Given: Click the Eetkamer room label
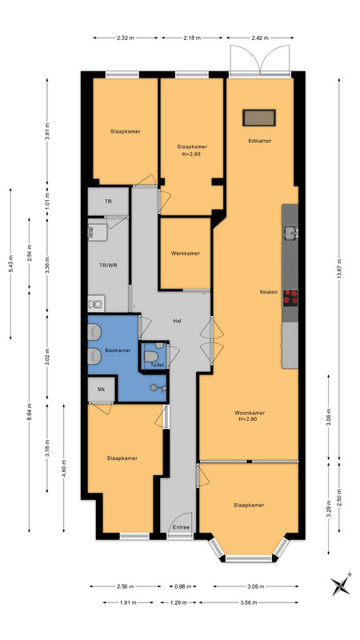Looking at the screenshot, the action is [x=259, y=141].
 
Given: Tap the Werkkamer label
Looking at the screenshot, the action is [x=186, y=253].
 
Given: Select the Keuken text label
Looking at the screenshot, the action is [x=269, y=292].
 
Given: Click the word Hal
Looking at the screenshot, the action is [x=177, y=322].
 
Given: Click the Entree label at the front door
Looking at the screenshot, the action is [x=182, y=527].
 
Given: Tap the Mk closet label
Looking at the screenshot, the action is [x=101, y=389].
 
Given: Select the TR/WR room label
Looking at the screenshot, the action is [x=108, y=265].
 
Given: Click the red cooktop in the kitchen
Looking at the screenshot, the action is [x=290, y=298].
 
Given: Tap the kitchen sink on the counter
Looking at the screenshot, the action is [x=291, y=233].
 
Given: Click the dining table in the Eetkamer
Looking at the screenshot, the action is [x=259, y=118].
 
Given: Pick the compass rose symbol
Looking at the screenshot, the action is [x=341, y=586].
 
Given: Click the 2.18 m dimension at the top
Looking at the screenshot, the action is [x=192, y=38].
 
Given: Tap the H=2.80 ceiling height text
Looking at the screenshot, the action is [x=247, y=418].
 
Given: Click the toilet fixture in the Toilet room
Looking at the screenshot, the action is [x=150, y=356].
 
